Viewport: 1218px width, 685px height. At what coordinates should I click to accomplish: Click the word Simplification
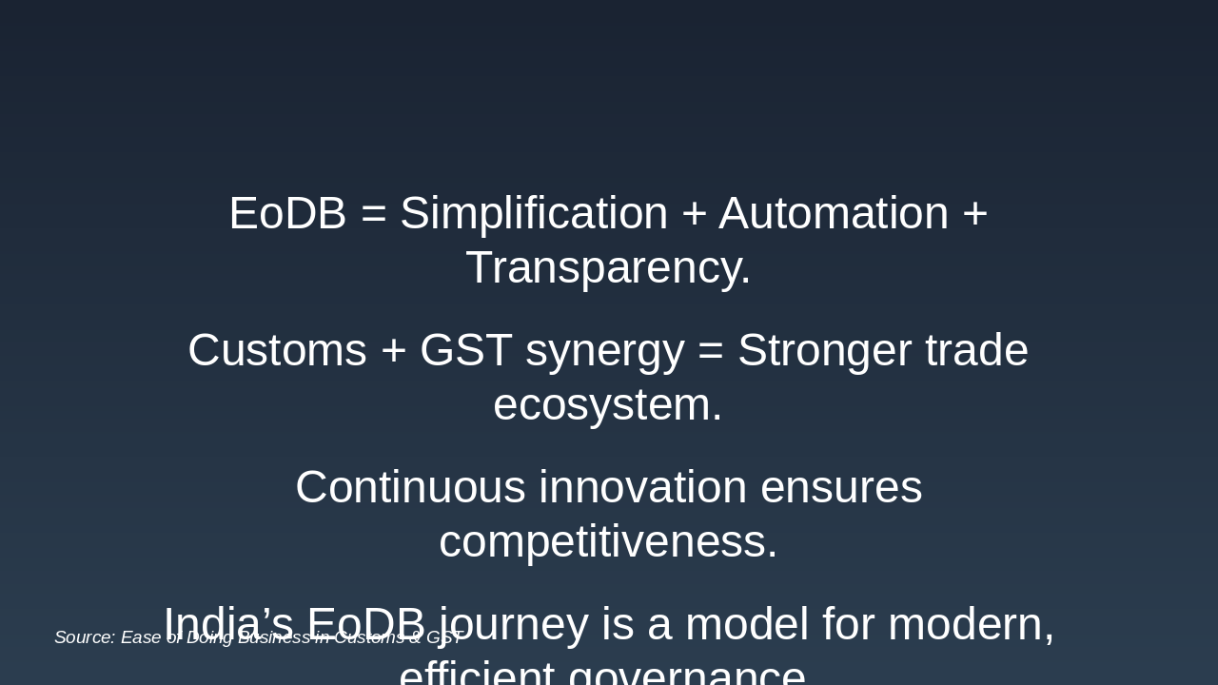tap(534, 213)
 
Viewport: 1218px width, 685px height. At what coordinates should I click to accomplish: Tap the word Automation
tap(834, 213)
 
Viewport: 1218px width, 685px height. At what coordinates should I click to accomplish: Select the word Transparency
tap(608, 267)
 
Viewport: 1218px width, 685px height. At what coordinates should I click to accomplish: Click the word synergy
tap(604, 351)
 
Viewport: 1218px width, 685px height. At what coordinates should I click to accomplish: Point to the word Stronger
tap(824, 350)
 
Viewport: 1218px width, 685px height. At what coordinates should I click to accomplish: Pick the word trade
tap(976, 350)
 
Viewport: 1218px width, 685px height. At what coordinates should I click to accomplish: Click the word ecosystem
tap(608, 404)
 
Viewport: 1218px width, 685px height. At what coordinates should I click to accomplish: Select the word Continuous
tap(410, 487)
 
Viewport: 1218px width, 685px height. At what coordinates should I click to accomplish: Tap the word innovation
tap(643, 487)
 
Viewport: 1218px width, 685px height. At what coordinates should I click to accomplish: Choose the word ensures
tap(841, 487)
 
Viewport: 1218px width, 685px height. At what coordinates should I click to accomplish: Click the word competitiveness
tap(608, 541)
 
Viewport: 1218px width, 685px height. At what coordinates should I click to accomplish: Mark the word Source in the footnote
tap(85, 637)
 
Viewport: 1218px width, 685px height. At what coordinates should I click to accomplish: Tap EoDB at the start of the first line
tap(287, 213)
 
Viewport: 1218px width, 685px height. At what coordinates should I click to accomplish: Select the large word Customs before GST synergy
tap(277, 350)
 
